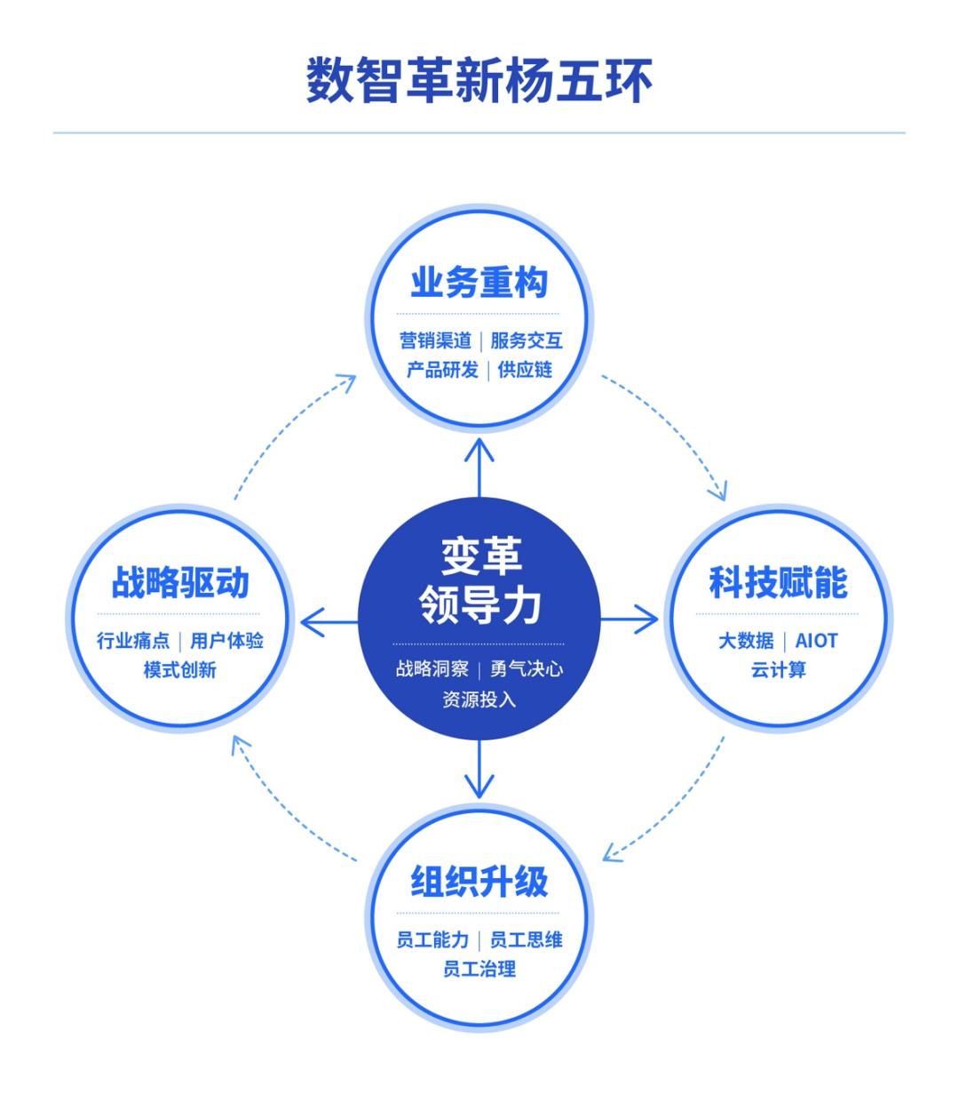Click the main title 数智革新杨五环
tap(479, 81)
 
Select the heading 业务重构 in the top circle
tap(479, 283)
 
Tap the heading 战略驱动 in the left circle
tap(180, 583)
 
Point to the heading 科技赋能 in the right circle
tap(779, 583)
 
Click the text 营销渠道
tap(435, 340)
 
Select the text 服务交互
tap(527, 340)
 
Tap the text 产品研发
tap(442, 370)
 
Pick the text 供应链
tap(525, 370)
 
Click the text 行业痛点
tap(133, 641)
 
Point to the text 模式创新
tap(180, 670)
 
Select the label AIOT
tap(816, 641)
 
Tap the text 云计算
tap(779, 670)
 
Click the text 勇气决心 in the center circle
tap(527, 669)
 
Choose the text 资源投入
tap(479, 699)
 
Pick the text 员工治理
tap(479, 969)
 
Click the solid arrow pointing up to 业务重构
tap(479, 468)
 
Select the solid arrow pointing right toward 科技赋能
tap(629, 619)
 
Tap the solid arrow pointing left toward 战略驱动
tap(329, 622)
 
